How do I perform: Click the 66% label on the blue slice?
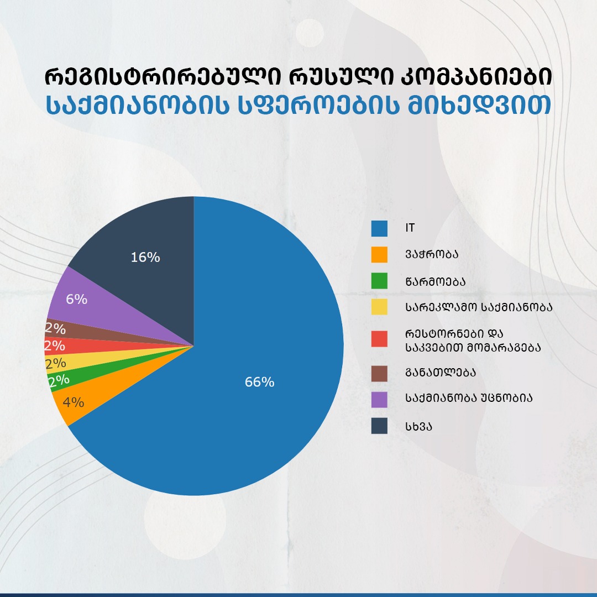click(x=259, y=382)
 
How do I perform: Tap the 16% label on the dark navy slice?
click(x=145, y=257)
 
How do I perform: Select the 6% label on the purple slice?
click(x=76, y=299)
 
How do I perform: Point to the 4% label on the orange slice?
click(x=74, y=402)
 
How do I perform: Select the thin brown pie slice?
click(x=111, y=335)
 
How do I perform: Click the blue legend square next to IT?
click(x=379, y=228)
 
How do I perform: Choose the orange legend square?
click(x=379, y=254)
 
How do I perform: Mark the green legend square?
click(x=379, y=281)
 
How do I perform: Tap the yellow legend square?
click(x=379, y=307)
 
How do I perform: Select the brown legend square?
click(x=379, y=372)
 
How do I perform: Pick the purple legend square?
click(x=379, y=399)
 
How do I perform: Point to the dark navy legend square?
click(x=379, y=426)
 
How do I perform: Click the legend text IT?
click(x=409, y=228)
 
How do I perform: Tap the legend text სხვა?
click(x=418, y=426)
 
